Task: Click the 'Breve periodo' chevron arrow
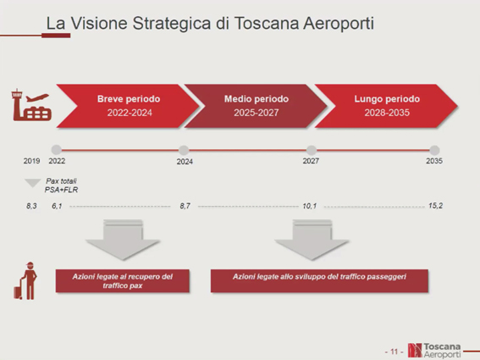(128, 106)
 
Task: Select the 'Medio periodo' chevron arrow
(256, 106)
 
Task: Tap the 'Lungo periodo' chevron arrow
(386, 106)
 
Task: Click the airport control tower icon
(31, 104)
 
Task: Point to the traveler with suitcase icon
(25, 280)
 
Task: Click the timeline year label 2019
(32, 161)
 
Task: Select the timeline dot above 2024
(184, 150)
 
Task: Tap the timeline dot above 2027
(312, 150)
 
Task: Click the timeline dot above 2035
(434, 150)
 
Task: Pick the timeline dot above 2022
(57, 150)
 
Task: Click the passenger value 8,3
(31, 206)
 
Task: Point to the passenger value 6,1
(57, 206)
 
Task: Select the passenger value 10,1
(310, 206)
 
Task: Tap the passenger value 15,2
(436, 206)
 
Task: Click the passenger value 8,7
(185, 206)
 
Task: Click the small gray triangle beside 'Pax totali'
(33, 183)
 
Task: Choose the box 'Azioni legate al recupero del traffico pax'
(123, 281)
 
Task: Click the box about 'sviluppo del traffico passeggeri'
(319, 281)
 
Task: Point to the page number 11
(394, 352)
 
